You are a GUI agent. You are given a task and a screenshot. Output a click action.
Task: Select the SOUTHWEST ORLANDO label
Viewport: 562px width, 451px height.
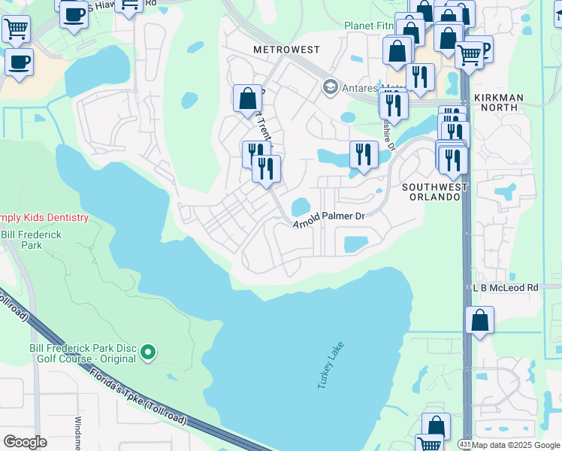point(435,192)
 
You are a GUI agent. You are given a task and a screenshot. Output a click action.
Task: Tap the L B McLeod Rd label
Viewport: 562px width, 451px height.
point(505,288)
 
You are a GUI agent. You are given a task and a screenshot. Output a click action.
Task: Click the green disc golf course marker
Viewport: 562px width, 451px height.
point(149,351)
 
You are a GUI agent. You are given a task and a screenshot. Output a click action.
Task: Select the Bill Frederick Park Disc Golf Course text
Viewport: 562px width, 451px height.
point(83,353)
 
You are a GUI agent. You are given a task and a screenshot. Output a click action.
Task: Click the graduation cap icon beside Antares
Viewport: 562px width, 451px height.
point(329,88)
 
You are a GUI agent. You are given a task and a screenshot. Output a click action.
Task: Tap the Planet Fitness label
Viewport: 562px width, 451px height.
point(369,26)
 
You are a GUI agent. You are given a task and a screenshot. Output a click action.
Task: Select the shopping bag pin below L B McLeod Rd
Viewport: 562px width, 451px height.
point(479,321)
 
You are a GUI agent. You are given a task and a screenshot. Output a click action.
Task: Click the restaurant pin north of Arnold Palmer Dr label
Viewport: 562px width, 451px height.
point(364,155)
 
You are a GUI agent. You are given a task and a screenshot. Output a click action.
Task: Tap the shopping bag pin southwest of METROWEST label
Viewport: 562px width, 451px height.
point(247,98)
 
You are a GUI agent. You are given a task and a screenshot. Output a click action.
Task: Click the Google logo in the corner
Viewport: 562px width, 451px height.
point(25,442)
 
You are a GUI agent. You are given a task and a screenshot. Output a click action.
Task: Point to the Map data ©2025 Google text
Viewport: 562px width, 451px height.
point(515,445)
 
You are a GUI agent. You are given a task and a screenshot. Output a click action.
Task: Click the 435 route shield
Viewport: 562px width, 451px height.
point(465,445)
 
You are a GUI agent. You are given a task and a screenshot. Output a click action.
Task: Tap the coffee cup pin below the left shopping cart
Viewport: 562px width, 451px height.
point(19,62)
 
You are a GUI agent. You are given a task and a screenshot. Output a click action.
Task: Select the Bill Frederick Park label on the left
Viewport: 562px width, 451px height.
point(32,240)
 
